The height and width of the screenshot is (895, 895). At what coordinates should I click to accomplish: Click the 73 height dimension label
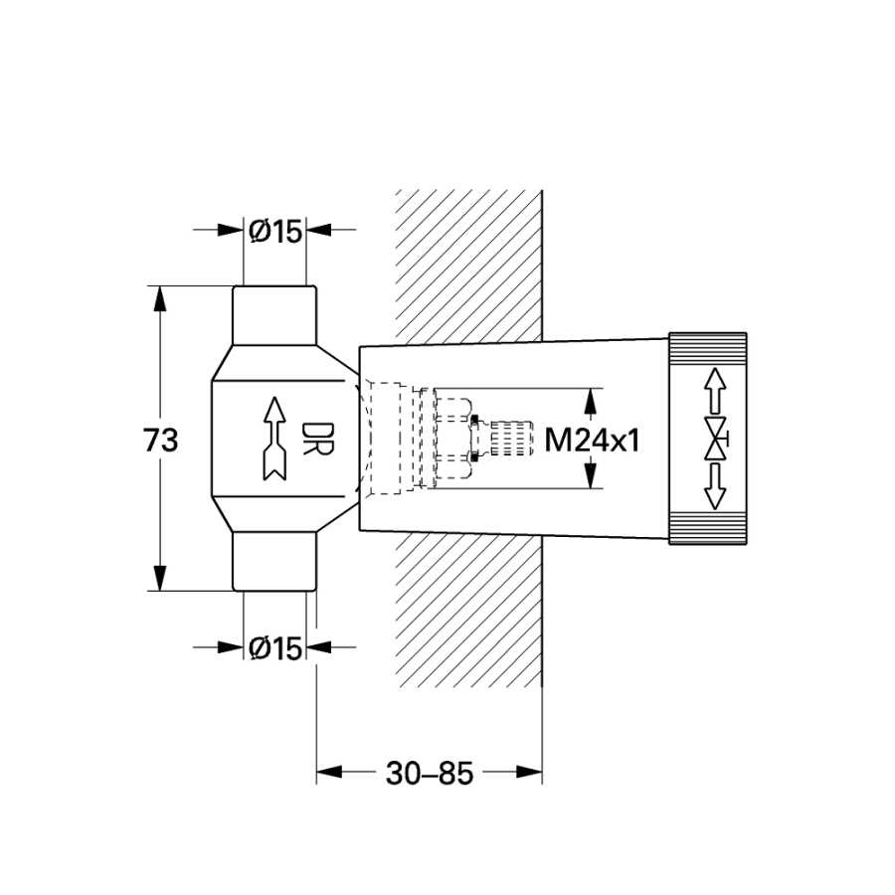tap(160, 441)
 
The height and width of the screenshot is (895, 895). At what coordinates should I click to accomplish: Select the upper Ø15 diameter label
tap(275, 231)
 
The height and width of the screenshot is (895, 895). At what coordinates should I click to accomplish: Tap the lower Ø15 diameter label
tap(275, 648)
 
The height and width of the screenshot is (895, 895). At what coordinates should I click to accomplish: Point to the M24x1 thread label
tap(592, 441)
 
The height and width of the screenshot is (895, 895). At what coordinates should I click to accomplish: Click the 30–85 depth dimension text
tap(430, 774)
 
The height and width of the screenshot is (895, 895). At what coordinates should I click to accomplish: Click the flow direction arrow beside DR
tap(275, 439)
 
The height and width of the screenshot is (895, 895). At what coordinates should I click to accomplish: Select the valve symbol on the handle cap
tap(716, 439)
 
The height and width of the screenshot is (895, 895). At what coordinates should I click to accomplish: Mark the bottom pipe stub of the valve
tap(274, 562)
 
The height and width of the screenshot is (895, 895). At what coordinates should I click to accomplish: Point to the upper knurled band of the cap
tap(707, 349)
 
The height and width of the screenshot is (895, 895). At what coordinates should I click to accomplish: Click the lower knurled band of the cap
tap(707, 528)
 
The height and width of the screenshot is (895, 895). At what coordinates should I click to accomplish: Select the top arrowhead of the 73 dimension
tap(160, 298)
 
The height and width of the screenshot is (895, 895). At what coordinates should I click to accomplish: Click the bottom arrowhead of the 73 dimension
tap(160, 578)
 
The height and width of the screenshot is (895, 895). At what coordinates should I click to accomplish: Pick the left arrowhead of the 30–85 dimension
tap(329, 773)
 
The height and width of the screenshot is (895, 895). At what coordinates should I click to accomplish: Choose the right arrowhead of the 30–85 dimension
tap(529, 773)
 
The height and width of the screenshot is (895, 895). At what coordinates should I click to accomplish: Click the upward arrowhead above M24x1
tap(591, 402)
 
